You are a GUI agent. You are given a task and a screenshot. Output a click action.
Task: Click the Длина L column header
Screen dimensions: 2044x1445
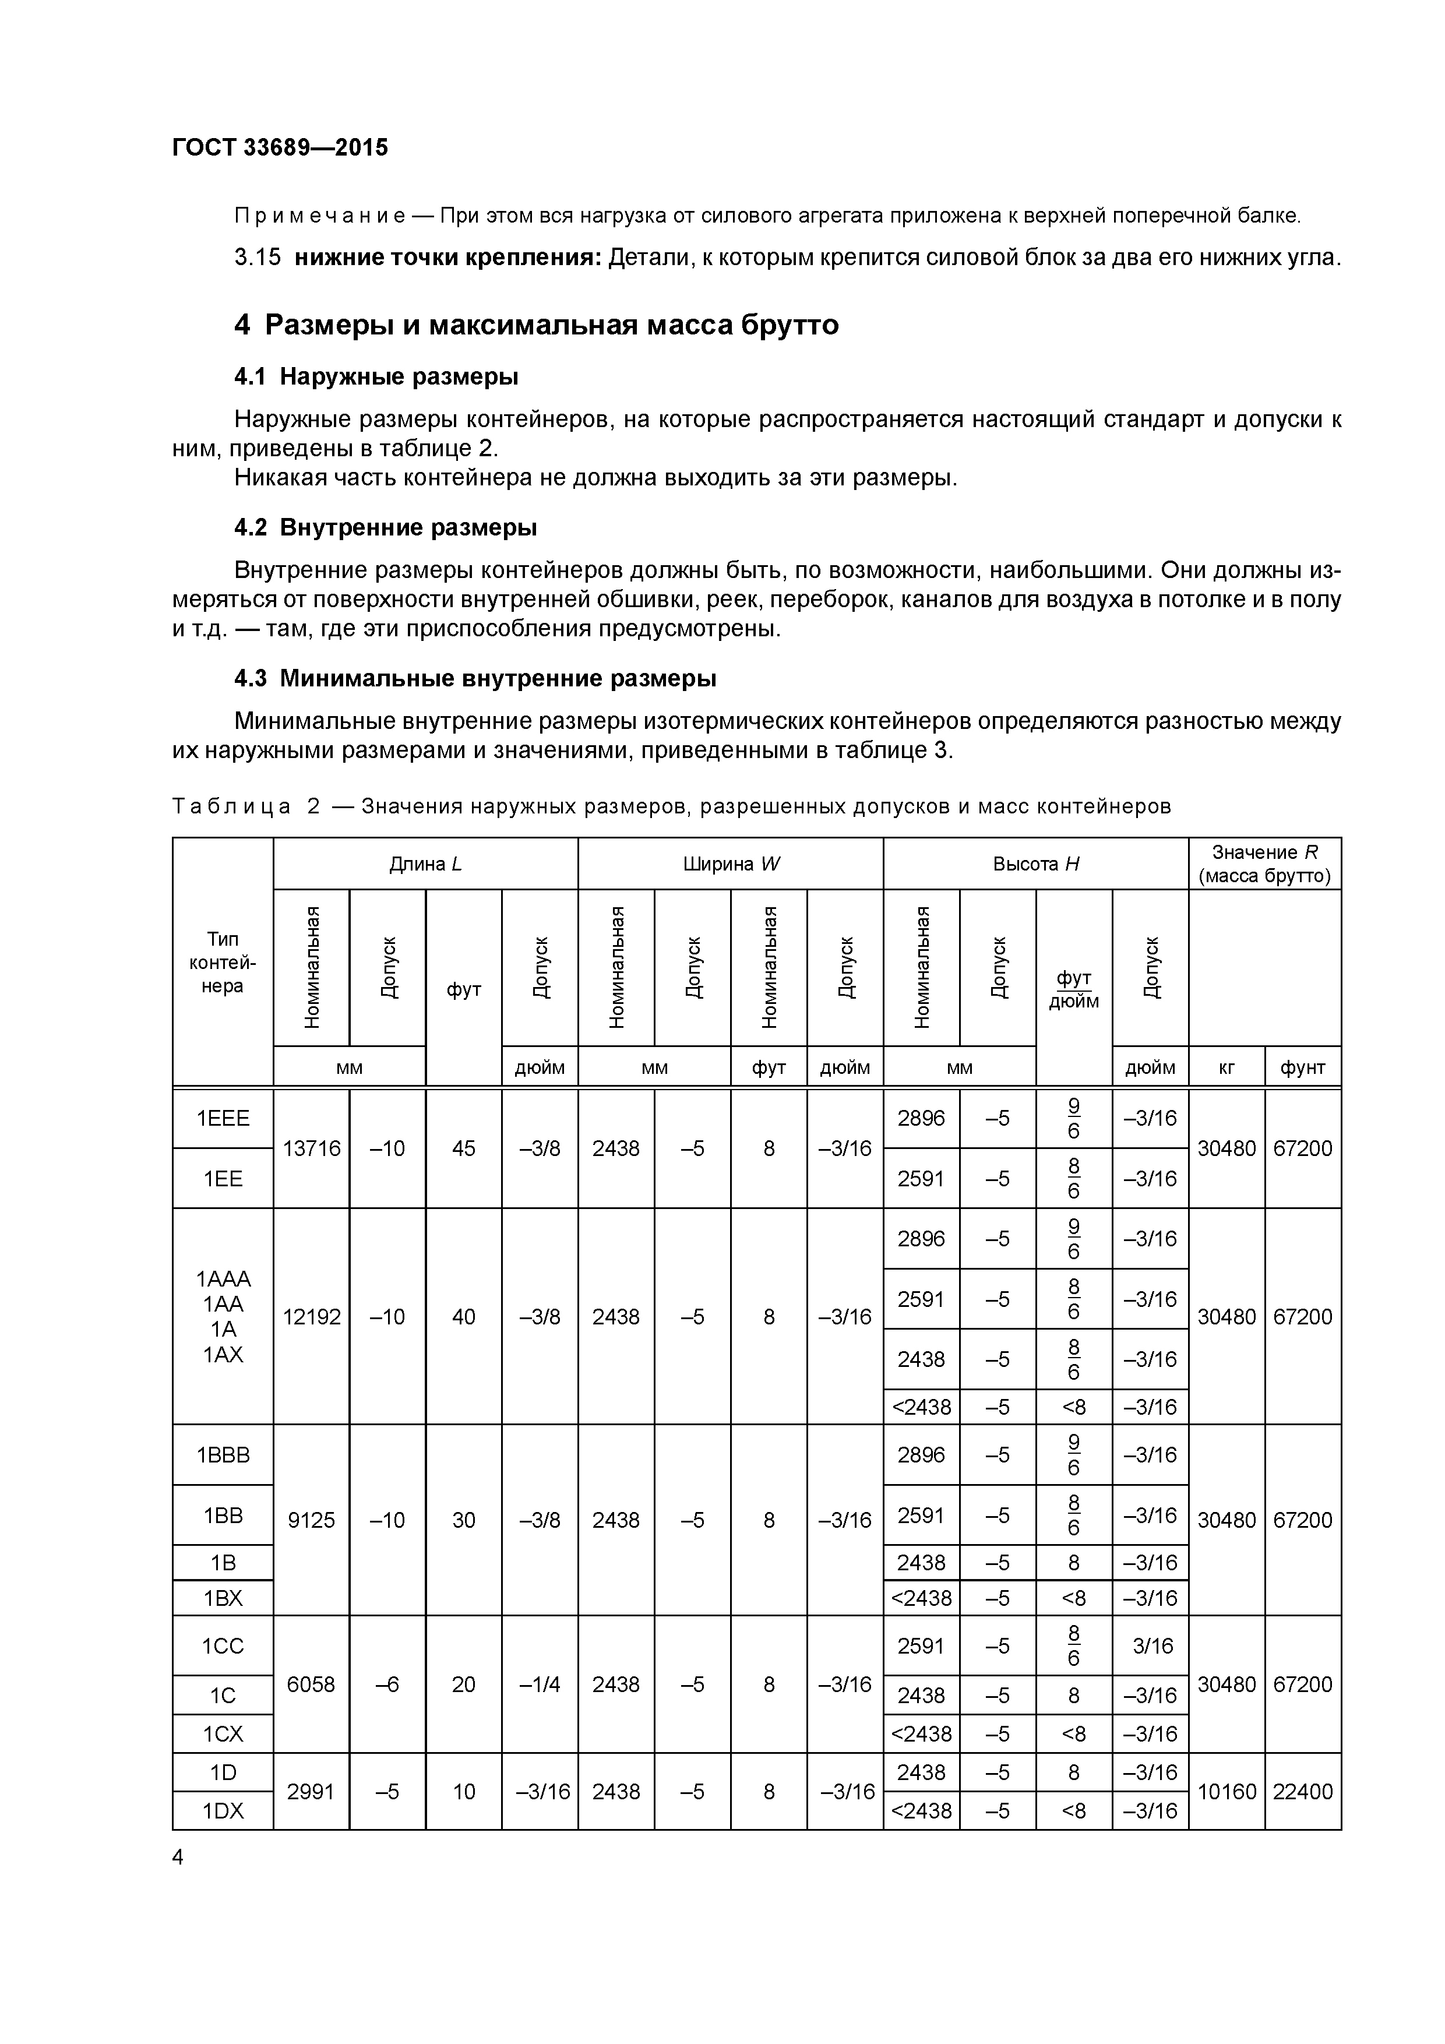(425, 864)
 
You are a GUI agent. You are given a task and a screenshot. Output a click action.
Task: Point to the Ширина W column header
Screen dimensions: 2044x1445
(730, 864)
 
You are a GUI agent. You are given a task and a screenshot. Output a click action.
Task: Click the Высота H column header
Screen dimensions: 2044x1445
(1035, 864)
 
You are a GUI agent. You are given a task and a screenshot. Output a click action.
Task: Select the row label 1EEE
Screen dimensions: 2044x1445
(223, 1118)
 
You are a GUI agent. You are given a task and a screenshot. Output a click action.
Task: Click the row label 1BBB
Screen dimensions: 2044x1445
(223, 1455)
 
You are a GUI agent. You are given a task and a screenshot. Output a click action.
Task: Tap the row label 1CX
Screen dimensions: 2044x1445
(223, 1734)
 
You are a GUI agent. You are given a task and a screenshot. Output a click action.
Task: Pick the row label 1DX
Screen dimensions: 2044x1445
(223, 1812)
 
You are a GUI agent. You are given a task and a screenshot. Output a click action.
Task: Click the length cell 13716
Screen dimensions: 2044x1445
(311, 1148)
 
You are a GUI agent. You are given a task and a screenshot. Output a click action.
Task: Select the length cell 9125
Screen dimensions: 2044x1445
(311, 1520)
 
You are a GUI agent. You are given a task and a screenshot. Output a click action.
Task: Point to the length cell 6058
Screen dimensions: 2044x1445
(311, 1684)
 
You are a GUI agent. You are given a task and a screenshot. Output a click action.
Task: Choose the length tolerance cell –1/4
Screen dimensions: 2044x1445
(540, 1684)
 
